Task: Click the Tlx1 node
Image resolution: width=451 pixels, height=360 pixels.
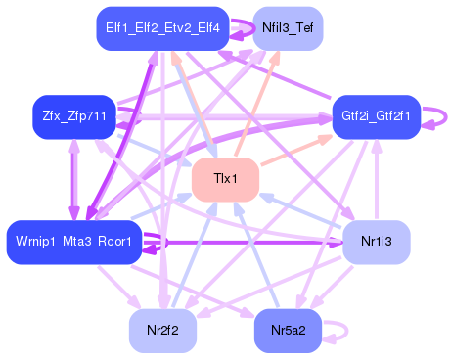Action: tap(224, 180)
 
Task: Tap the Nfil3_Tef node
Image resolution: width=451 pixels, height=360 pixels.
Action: tap(288, 29)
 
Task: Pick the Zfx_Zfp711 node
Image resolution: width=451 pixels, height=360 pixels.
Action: tap(73, 116)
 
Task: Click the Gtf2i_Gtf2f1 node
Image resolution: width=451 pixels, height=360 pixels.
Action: tap(376, 116)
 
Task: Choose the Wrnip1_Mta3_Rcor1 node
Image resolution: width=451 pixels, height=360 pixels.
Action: tap(74, 242)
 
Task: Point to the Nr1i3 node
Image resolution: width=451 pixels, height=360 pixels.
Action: tap(376, 242)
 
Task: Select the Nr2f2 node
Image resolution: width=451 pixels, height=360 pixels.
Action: tap(162, 330)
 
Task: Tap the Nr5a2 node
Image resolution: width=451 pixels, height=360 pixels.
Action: tap(288, 330)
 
